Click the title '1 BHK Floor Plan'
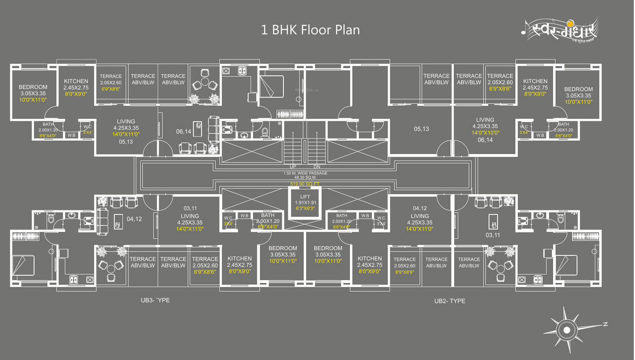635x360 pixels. [310, 30]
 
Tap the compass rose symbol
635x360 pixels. [566, 330]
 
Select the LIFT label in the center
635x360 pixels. [305, 197]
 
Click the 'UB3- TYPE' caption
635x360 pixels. [155, 300]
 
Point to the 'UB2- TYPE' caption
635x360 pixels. [450, 301]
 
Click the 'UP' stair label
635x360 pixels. [293, 167]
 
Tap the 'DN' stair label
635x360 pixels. [317, 167]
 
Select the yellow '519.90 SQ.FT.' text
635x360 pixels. [305, 184]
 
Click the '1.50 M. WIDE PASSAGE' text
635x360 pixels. [305, 173]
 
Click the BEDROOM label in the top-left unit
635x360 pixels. [33, 87]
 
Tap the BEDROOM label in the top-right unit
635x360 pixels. [578, 89]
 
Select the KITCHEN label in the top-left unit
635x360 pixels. [76, 81]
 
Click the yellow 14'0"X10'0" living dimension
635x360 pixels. [485, 133]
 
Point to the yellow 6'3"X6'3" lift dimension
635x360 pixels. [305, 208]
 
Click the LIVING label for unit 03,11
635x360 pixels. [190, 216]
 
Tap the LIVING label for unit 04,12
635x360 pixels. [420, 216]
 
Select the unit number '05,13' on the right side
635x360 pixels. [421, 129]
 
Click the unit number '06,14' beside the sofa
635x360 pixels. [183, 131]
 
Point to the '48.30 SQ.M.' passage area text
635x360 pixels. [305, 178]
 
